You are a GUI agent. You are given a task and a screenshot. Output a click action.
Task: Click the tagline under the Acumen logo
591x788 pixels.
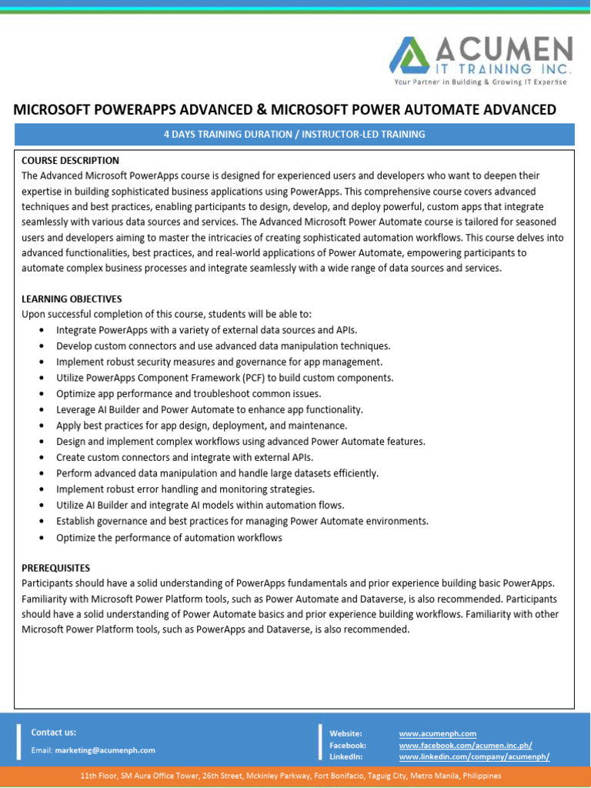(x=479, y=82)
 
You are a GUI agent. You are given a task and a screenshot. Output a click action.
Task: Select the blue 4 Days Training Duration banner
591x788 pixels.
(x=295, y=134)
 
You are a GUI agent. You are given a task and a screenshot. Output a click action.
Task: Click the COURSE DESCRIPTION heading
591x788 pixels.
(x=70, y=160)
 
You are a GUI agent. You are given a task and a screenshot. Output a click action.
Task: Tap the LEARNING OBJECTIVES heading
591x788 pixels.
(x=72, y=299)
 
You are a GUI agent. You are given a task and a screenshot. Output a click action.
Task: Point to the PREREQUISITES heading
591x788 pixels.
(x=55, y=567)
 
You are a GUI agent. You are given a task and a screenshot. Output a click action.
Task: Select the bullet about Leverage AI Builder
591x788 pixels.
(x=209, y=409)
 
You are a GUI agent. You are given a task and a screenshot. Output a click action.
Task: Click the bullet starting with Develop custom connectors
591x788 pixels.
(x=223, y=346)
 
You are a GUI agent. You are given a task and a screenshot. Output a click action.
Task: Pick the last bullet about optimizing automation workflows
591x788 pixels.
(x=169, y=538)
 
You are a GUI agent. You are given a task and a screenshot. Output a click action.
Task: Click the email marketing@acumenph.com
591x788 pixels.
(x=105, y=750)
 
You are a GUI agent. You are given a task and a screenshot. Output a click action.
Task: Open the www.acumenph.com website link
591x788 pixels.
(x=437, y=733)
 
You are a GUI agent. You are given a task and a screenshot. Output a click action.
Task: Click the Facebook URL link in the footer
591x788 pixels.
(x=465, y=745)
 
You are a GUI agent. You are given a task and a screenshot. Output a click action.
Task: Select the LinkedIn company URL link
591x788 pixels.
(x=474, y=756)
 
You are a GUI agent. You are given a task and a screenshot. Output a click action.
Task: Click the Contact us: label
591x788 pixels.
(x=53, y=733)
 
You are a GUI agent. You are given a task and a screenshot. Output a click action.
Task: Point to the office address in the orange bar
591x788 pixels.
(x=291, y=776)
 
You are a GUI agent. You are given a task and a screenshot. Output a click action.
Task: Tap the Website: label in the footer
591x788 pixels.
(x=346, y=733)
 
